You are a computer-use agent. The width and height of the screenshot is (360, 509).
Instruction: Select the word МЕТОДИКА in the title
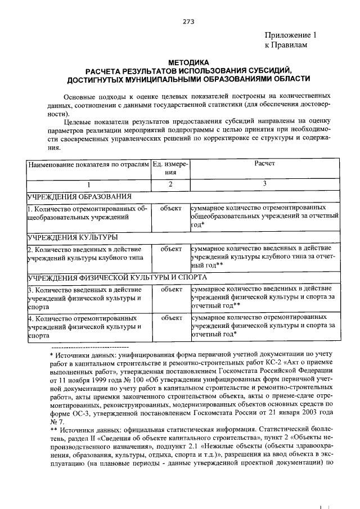188,62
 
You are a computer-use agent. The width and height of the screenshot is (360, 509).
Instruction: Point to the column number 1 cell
88,184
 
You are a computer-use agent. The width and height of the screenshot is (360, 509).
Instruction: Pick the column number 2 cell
170,184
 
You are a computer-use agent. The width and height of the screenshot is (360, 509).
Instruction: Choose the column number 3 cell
264,184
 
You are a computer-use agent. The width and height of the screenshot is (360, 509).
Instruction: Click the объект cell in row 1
170,209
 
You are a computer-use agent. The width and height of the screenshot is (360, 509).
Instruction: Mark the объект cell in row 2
170,249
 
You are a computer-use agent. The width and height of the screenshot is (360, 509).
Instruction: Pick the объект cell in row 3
170,289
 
